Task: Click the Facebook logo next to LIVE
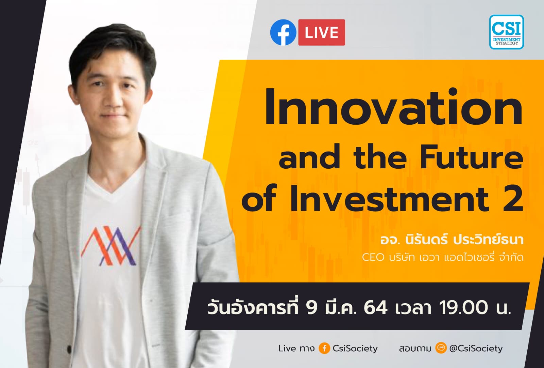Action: [x=283, y=32]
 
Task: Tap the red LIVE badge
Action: [x=322, y=33]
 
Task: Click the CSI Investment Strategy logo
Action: [x=506, y=32]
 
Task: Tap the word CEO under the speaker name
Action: [x=373, y=257]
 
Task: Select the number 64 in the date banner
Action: [x=375, y=308]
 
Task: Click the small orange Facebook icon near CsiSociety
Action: [x=324, y=348]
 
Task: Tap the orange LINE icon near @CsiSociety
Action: [x=441, y=348]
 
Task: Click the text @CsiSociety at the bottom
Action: [x=476, y=348]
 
